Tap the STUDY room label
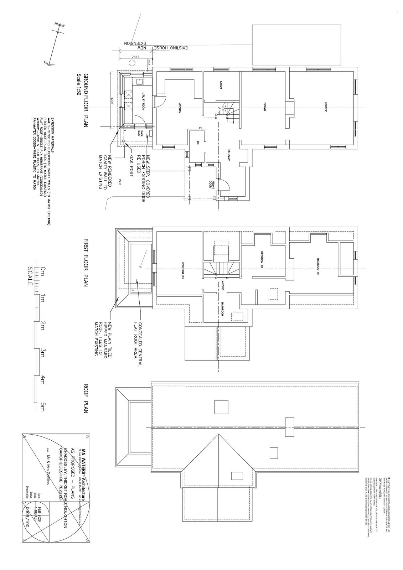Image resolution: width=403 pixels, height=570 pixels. pos(221,85)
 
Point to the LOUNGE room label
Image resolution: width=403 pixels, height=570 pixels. pos(325,108)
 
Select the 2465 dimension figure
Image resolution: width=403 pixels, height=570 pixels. pos(135,57)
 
